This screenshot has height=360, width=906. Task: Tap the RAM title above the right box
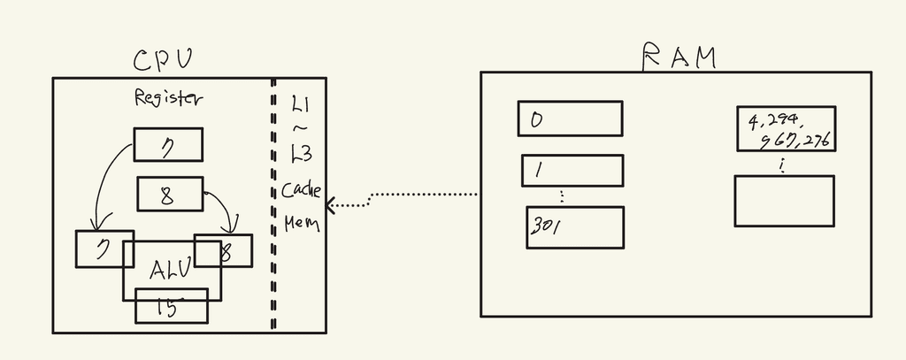click(679, 57)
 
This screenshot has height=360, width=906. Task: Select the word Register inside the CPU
click(168, 98)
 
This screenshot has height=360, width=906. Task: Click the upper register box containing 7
click(168, 144)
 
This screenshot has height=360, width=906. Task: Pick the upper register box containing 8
click(170, 195)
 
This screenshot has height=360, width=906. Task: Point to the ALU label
click(171, 269)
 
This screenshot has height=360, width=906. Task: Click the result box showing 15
click(171, 306)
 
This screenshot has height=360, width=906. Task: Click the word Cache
click(301, 190)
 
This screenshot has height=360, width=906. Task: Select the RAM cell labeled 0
click(570, 119)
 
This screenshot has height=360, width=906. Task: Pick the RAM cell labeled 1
click(572, 170)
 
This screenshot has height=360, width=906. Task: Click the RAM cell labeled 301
click(575, 227)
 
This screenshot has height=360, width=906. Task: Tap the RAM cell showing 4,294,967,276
click(786, 129)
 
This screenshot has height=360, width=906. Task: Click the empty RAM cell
click(784, 201)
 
